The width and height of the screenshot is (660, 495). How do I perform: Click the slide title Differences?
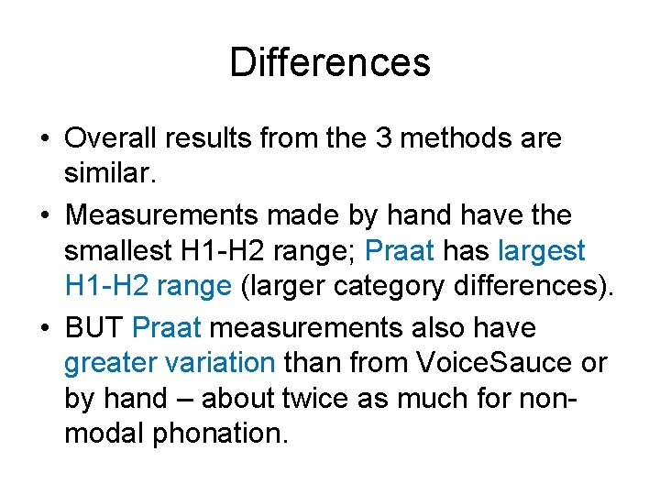tap(329, 63)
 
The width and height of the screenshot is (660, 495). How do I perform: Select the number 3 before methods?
tap(385, 139)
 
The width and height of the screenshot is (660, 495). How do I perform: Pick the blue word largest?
tap(542, 251)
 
